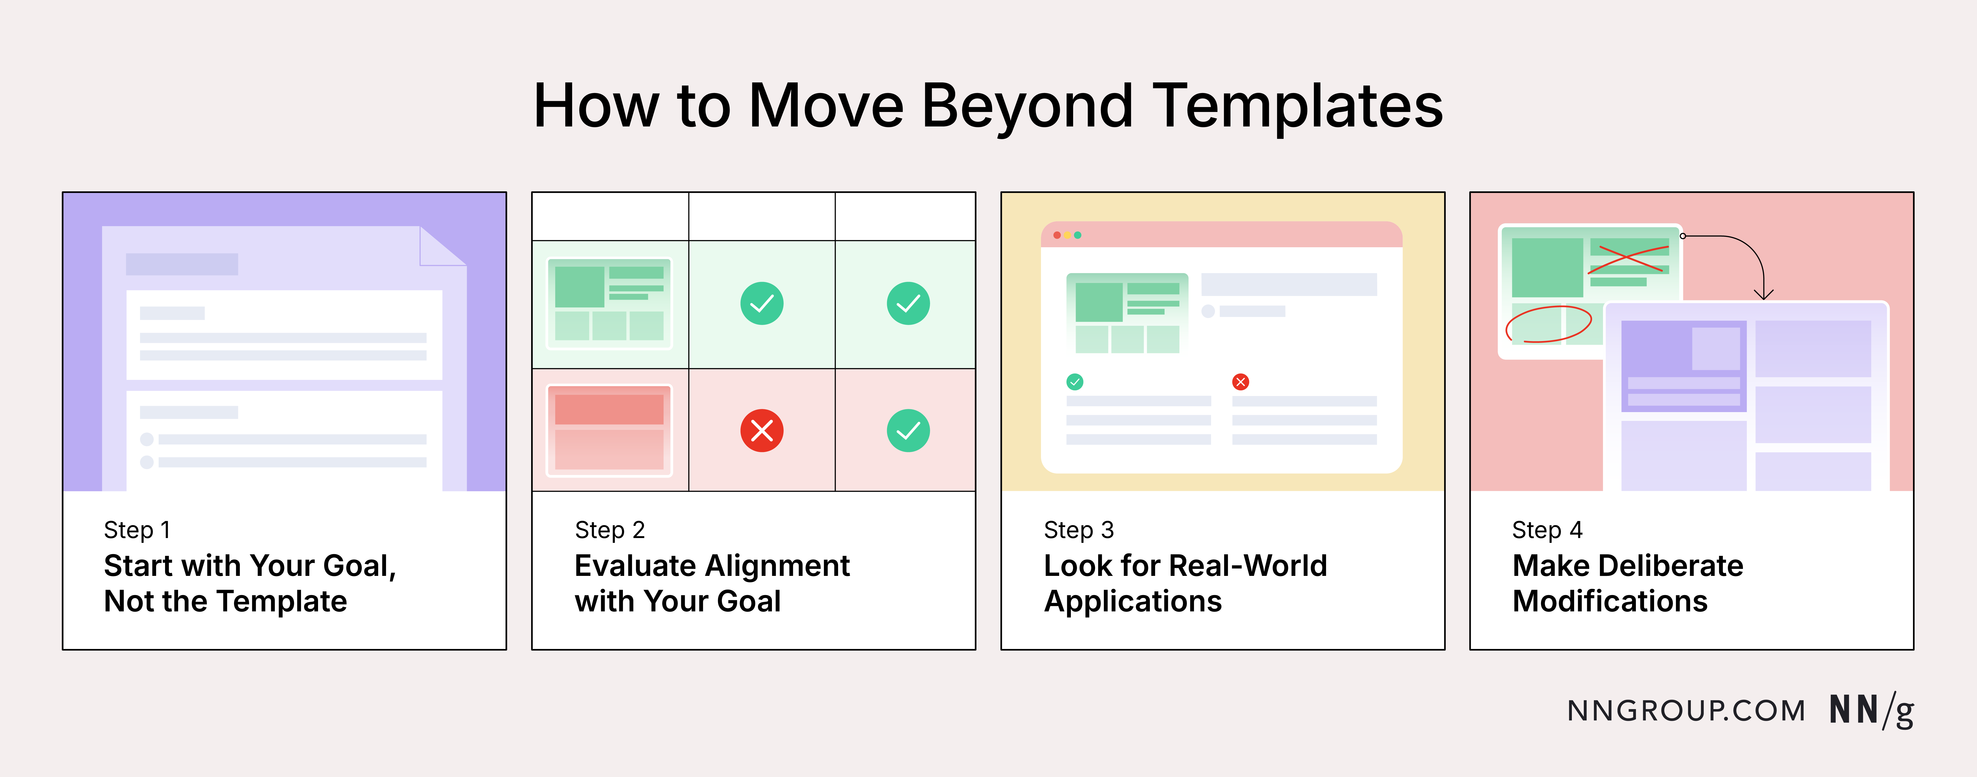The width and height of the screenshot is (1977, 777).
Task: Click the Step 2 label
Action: (x=609, y=530)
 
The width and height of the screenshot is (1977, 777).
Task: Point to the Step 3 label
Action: (x=1078, y=530)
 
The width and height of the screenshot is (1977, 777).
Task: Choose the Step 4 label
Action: (x=1546, y=530)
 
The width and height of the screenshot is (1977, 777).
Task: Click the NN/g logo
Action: (x=1871, y=710)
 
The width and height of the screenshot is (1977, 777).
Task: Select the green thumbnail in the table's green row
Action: (x=609, y=304)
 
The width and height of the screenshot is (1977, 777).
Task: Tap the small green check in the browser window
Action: (x=1074, y=382)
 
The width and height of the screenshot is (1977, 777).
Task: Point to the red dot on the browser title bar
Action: (x=1057, y=235)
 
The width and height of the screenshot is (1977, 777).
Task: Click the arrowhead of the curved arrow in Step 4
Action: (x=1764, y=295)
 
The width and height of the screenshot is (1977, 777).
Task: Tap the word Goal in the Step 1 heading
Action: (x=359, y=566)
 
